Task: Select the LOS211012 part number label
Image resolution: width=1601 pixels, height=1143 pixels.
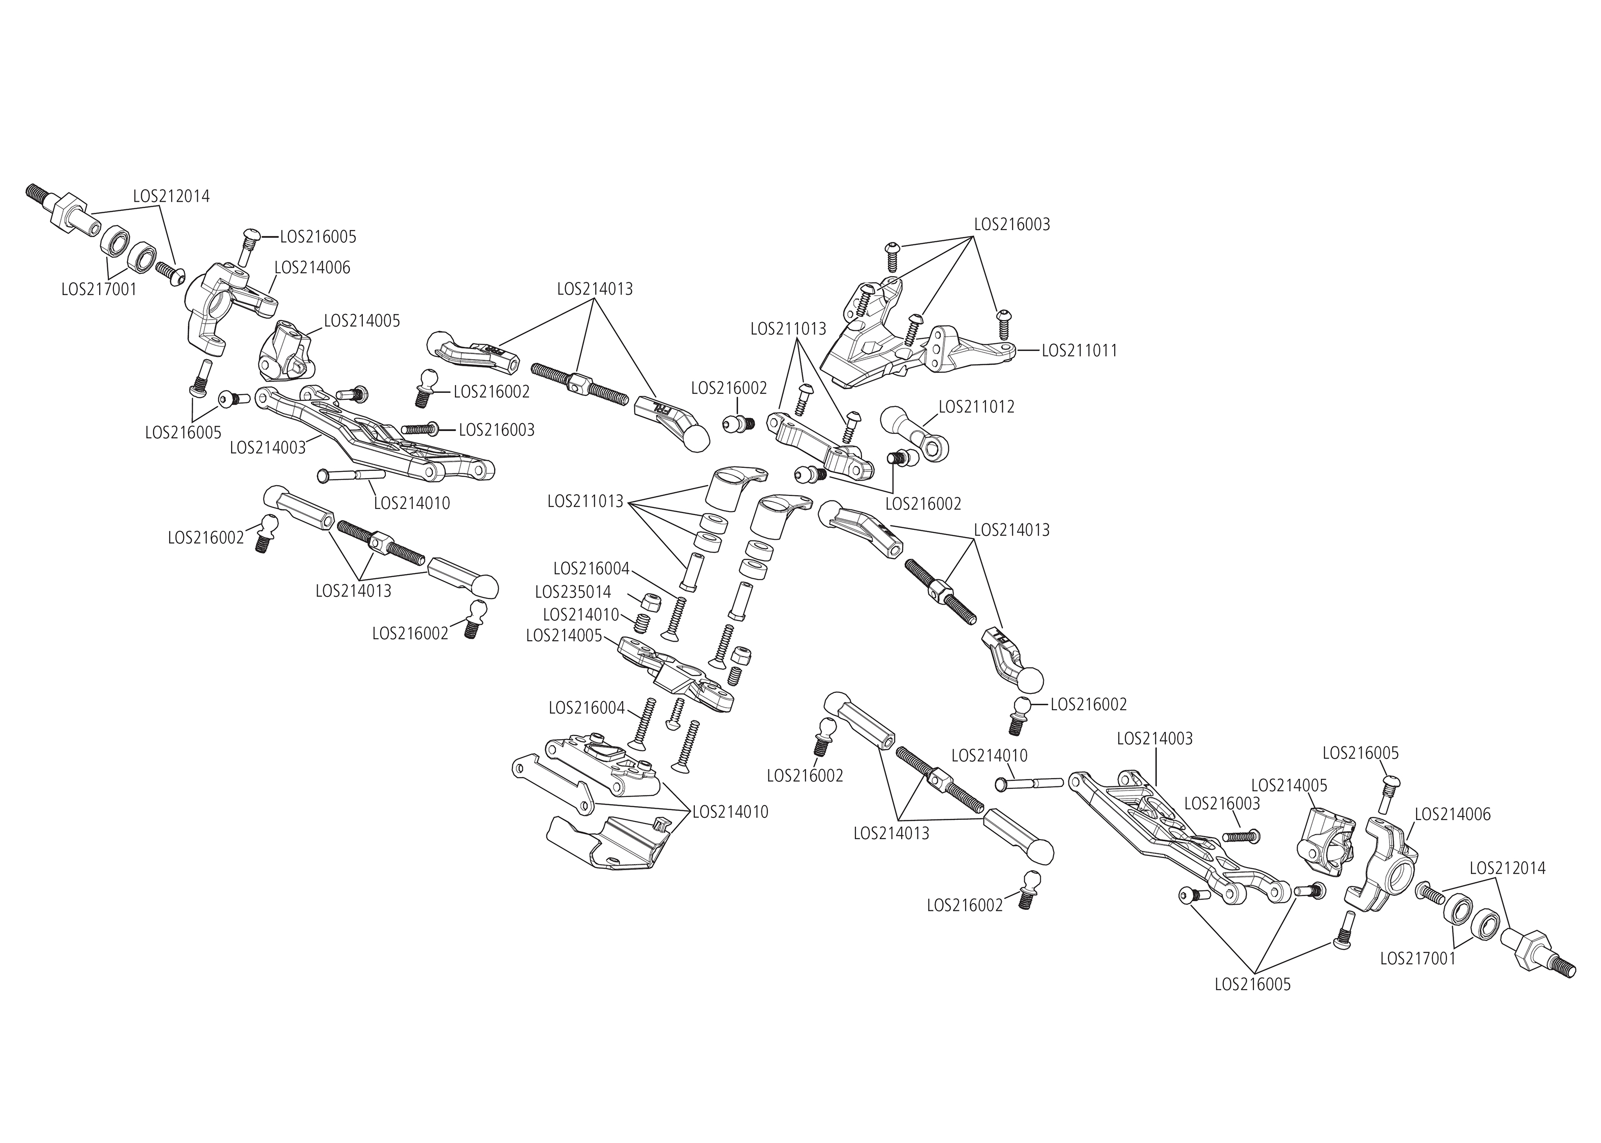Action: pos(976,407)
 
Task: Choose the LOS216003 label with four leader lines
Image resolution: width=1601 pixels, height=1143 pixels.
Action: pos(1012,225)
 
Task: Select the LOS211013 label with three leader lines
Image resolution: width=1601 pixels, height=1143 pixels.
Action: pos(788,329)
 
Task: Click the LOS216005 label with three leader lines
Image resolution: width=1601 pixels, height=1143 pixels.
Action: pos(1252,985)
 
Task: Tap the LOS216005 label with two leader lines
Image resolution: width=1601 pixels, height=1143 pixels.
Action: pos(183,432)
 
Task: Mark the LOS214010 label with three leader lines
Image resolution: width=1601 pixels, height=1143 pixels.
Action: pos(730,811)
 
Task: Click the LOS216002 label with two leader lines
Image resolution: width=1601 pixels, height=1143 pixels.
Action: pos(922,504)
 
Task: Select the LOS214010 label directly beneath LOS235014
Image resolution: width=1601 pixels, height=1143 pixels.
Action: pos(581,615)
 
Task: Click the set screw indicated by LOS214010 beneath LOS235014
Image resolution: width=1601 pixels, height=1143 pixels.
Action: pos(641,622)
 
